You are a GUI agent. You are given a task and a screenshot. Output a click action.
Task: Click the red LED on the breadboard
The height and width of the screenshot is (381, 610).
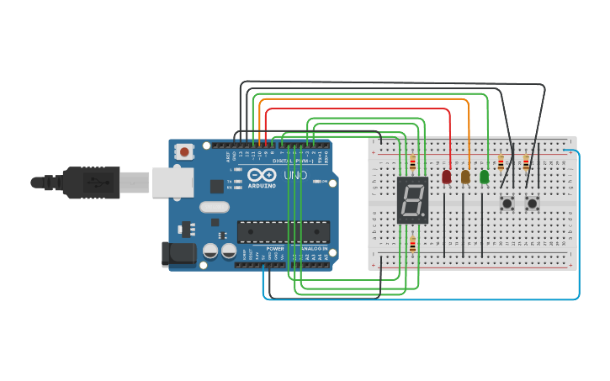point(446,177)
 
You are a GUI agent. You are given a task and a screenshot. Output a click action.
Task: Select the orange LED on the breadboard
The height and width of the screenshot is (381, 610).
point(465,177)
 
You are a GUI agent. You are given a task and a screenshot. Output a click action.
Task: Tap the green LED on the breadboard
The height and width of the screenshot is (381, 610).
point(484,177)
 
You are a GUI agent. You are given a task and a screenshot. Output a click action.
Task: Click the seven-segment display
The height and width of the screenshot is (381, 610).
point(412,200)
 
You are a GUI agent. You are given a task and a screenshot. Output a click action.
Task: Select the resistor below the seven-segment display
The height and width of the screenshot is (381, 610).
point(412,245)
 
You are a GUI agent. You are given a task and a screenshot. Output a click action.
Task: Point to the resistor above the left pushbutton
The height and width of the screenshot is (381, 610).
point(501,162)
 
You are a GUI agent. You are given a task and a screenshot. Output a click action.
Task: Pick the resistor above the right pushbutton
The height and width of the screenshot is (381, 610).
point(526,162)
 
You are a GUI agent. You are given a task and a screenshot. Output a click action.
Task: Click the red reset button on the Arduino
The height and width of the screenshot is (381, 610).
point(184,152)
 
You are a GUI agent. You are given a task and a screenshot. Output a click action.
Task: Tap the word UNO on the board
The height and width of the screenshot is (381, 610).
point(295,176)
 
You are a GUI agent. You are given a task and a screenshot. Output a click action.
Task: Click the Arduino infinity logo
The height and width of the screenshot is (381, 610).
point(262,175)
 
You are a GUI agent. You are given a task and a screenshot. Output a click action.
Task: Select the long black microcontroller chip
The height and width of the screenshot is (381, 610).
point(283,230)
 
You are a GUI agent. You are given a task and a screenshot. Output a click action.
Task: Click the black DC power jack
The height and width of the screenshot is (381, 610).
point(176,253)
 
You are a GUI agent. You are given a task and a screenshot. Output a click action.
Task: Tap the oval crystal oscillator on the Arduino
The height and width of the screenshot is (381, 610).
point(214,207)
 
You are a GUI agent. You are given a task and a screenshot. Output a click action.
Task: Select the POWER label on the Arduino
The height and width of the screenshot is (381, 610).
point(275,249)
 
